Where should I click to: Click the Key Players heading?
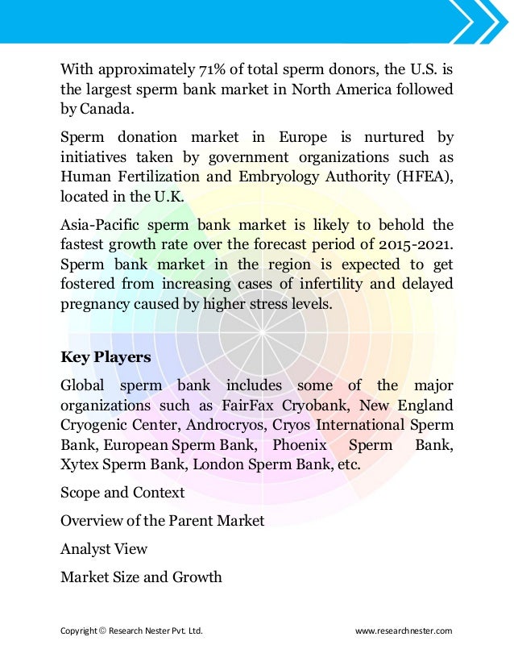click(x=106, y=357)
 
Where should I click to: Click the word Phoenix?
click(x=300, y=445)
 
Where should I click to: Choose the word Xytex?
click(x=79, y=465)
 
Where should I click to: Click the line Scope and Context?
click(x=122, y=493)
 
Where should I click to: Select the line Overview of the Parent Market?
click(x=162, y=521)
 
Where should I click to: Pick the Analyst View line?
click(x=104, y=549)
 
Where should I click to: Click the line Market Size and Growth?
click(x=141, y=577)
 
